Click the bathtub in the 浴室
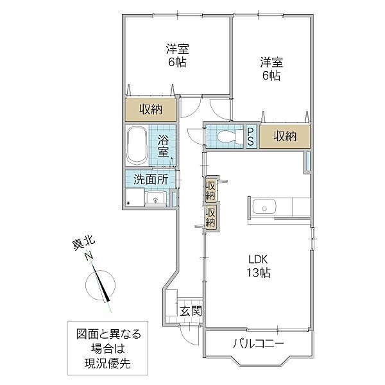(137, 146)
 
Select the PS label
(251, 137)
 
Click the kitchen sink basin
(264, 207)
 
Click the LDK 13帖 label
(259, 266)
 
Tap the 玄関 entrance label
(191, 311)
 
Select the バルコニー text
(259, 343)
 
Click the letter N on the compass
(89, 256)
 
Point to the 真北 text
(83, 244)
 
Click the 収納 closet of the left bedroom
(151, 110)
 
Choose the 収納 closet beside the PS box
(285, 136)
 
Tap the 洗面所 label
(151, 180)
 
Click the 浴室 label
(163, 146)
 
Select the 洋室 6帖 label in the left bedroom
(177, 55)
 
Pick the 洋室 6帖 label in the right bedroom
(271, 69)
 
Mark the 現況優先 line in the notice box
(108, 363)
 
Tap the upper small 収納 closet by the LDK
(210, 190)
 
